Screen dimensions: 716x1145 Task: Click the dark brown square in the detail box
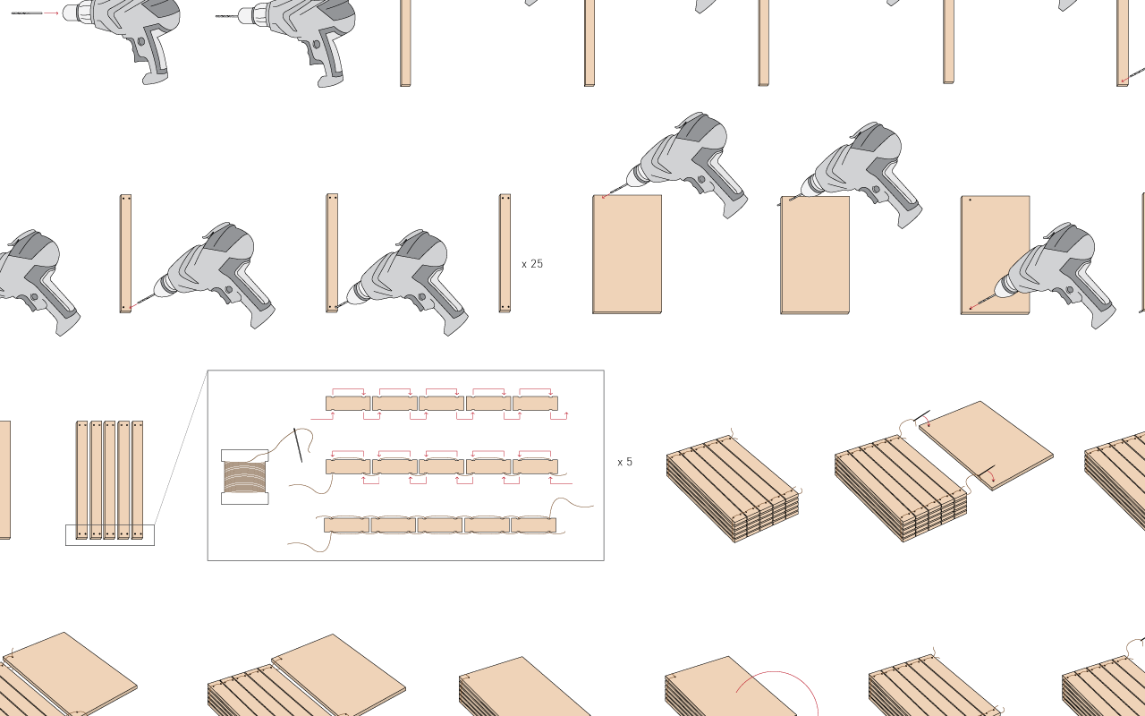pos(244,476)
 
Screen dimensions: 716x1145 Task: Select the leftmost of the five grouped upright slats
pos(82,479)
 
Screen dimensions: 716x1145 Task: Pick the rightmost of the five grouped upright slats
pos(138,479)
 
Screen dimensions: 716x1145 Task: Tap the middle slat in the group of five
pos(110,479)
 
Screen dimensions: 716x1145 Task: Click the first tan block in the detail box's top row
pos(348,404)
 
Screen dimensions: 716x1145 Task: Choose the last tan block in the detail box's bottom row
pos(534,525)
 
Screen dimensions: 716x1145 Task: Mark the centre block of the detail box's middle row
pos(442,466)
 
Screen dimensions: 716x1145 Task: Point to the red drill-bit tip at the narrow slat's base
pos(132,307)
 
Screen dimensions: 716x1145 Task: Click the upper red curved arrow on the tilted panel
pos(925,421)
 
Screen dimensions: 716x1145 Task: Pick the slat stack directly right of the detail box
pos(732,488)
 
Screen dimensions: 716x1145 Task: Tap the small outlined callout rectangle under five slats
pos(110,535)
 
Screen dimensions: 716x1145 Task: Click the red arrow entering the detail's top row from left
pos(323,417)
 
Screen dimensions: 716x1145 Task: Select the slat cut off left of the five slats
pos(4,479)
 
